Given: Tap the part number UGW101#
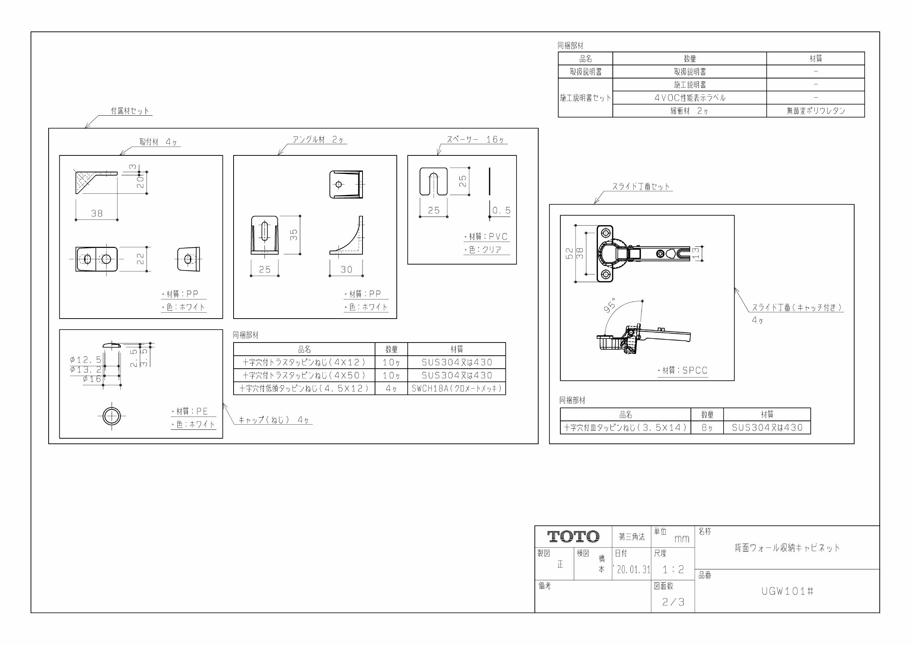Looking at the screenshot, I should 787,591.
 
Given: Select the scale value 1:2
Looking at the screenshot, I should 673,570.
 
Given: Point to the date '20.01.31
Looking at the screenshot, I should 632,570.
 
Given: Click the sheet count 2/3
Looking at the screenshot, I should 673,602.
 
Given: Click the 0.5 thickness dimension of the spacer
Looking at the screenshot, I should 501,210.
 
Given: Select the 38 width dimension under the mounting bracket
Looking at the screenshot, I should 97,213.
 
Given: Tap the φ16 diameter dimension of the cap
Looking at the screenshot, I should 92,379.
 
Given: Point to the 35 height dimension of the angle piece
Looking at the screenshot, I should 294,235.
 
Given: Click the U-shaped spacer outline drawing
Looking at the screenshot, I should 434,182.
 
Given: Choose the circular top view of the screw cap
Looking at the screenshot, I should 112,416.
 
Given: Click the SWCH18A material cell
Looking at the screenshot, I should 456,389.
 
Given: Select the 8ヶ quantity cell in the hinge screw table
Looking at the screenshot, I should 707,428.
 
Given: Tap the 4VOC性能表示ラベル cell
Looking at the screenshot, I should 690,98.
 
